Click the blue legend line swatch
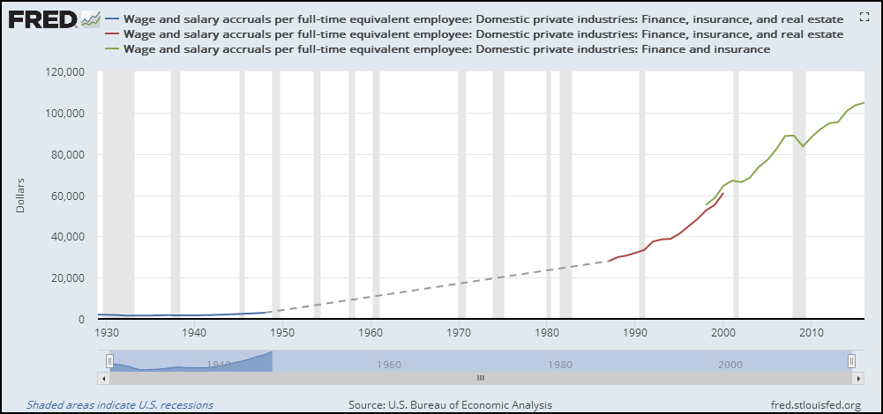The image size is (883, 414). click(x=112, y=18)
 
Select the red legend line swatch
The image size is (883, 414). click(x=112, y=34)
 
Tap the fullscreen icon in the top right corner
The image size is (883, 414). click(x=864, y=18)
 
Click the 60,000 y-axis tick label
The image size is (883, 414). click(x=65, y=196)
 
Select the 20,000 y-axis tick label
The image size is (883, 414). click(x=65, y=278)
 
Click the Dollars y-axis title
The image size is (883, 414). click(x=21, y=196)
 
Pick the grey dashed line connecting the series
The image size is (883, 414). click(x=441, y=285)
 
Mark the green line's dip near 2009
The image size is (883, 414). click(x=803, y=145)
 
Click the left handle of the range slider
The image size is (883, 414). click(x=110, y=361)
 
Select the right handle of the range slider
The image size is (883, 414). click(x=852, y=361)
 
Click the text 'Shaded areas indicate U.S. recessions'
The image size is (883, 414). click(x=120, y=405)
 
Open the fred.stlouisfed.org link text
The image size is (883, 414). click(x=815, y=405)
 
